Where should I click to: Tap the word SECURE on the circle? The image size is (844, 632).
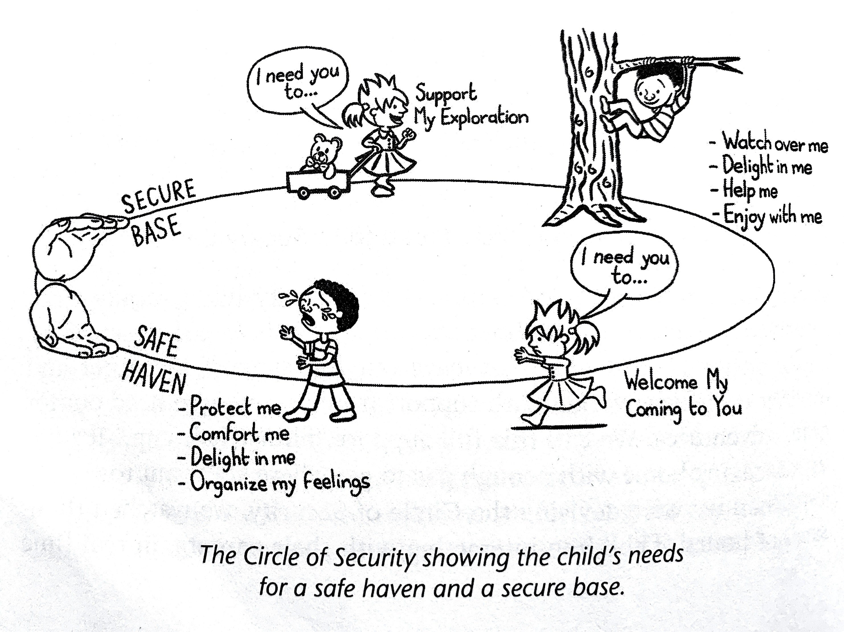tap(158, 197)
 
